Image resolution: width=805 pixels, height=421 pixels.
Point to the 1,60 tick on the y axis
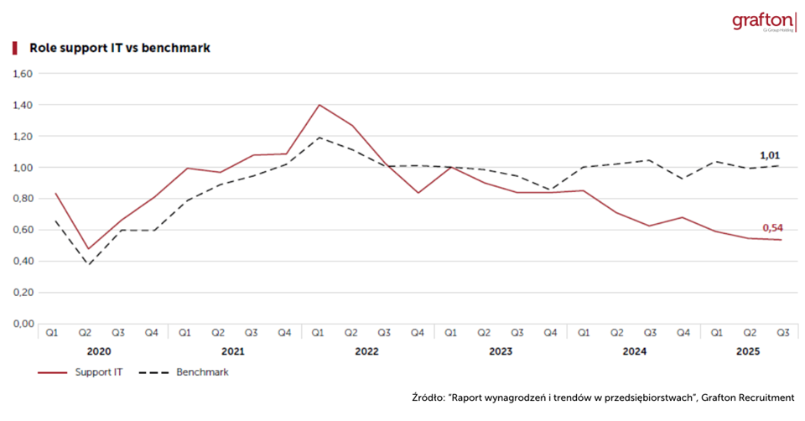tap(22, 74)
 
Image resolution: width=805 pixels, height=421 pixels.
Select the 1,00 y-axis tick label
tap(22, 168)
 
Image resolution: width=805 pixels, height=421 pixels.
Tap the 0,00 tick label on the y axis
tap(22, 324)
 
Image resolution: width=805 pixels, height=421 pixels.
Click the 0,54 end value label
tap(773, 228)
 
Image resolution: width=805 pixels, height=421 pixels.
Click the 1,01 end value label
tap(771, 155)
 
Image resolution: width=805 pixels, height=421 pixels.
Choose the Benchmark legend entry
tap(202, 372)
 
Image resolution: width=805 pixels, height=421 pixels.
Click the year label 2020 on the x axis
tap(101, 352)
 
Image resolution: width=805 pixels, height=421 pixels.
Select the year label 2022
tap(367, 352)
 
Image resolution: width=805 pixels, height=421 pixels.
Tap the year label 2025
tap(748, 352)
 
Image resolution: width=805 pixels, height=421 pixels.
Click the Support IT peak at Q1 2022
tap(319, 105)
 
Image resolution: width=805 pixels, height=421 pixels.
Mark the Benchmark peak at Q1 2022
tap(319, 138)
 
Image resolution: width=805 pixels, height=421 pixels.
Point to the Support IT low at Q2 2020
tap(87, 249)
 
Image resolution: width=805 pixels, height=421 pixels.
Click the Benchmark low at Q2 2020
tap(87, 266)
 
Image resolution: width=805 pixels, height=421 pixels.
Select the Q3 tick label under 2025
tap(783, 333)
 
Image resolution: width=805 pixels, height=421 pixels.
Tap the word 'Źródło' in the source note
tap(428, 398)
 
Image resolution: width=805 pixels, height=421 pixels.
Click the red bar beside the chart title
tap(14, 48)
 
